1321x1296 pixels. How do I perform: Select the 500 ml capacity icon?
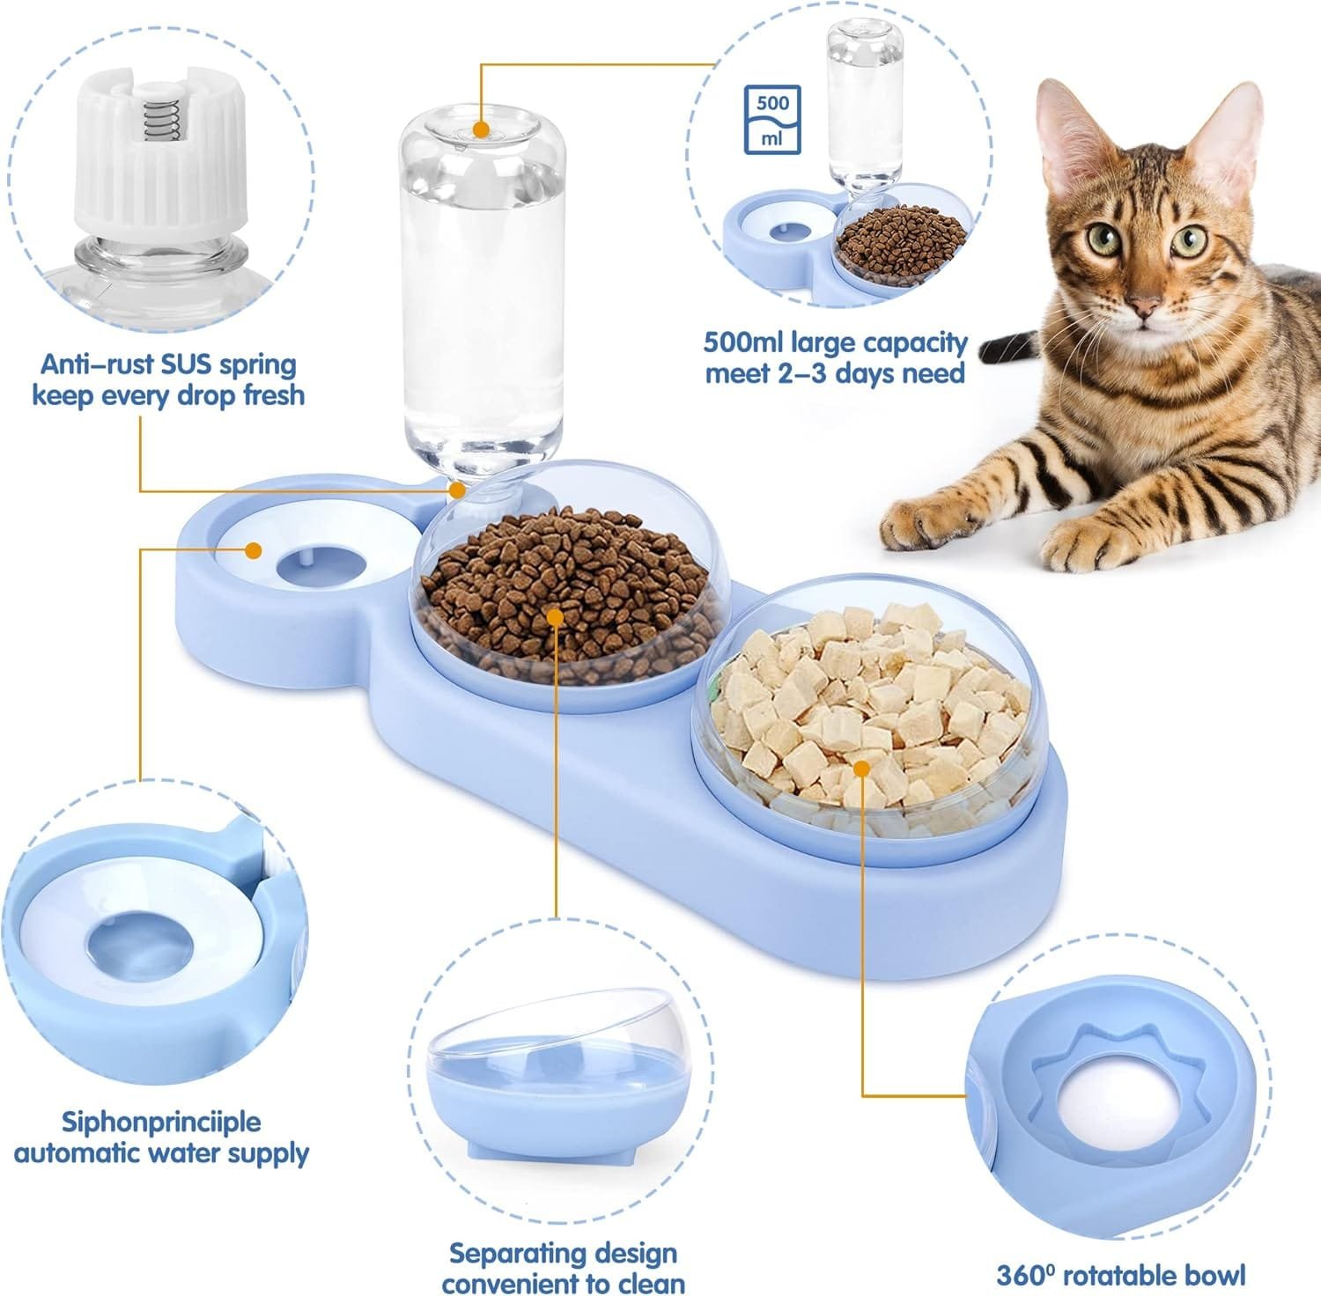pyautogui.click(x=772, y=120)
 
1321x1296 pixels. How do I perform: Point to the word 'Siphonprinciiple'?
pyautogui.click(x=161, y=1123)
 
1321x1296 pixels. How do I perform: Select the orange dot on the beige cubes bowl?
pyautogui.click(x=862, y=769)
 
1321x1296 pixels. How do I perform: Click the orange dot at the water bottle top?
pyautogui.click(x=480, y=129)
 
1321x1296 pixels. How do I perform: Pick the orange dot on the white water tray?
pyautogui.click(x=254, y=551)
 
